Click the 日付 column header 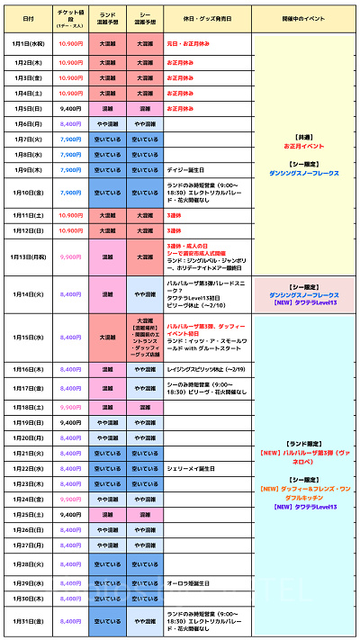30,19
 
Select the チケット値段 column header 70,19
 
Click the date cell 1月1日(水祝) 30,42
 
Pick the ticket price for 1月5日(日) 70,108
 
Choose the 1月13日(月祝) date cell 30,256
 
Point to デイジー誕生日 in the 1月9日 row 187,169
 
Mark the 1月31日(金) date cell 30,620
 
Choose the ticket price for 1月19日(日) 70,422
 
